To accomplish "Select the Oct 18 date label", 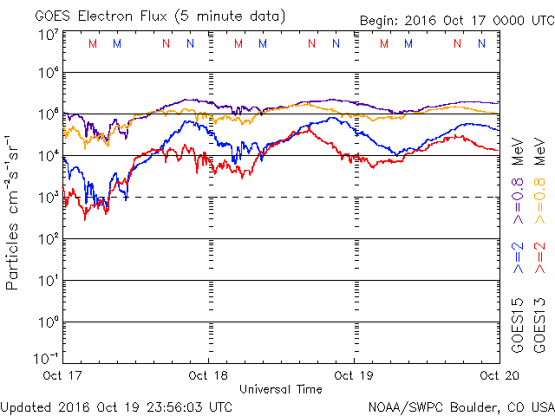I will [209, 375].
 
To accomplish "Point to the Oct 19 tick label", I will [354, 375].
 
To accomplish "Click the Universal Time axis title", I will [281, 389].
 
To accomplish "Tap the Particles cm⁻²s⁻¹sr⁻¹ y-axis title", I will [14, 212].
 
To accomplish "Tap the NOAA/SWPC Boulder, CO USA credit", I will [460, 406].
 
